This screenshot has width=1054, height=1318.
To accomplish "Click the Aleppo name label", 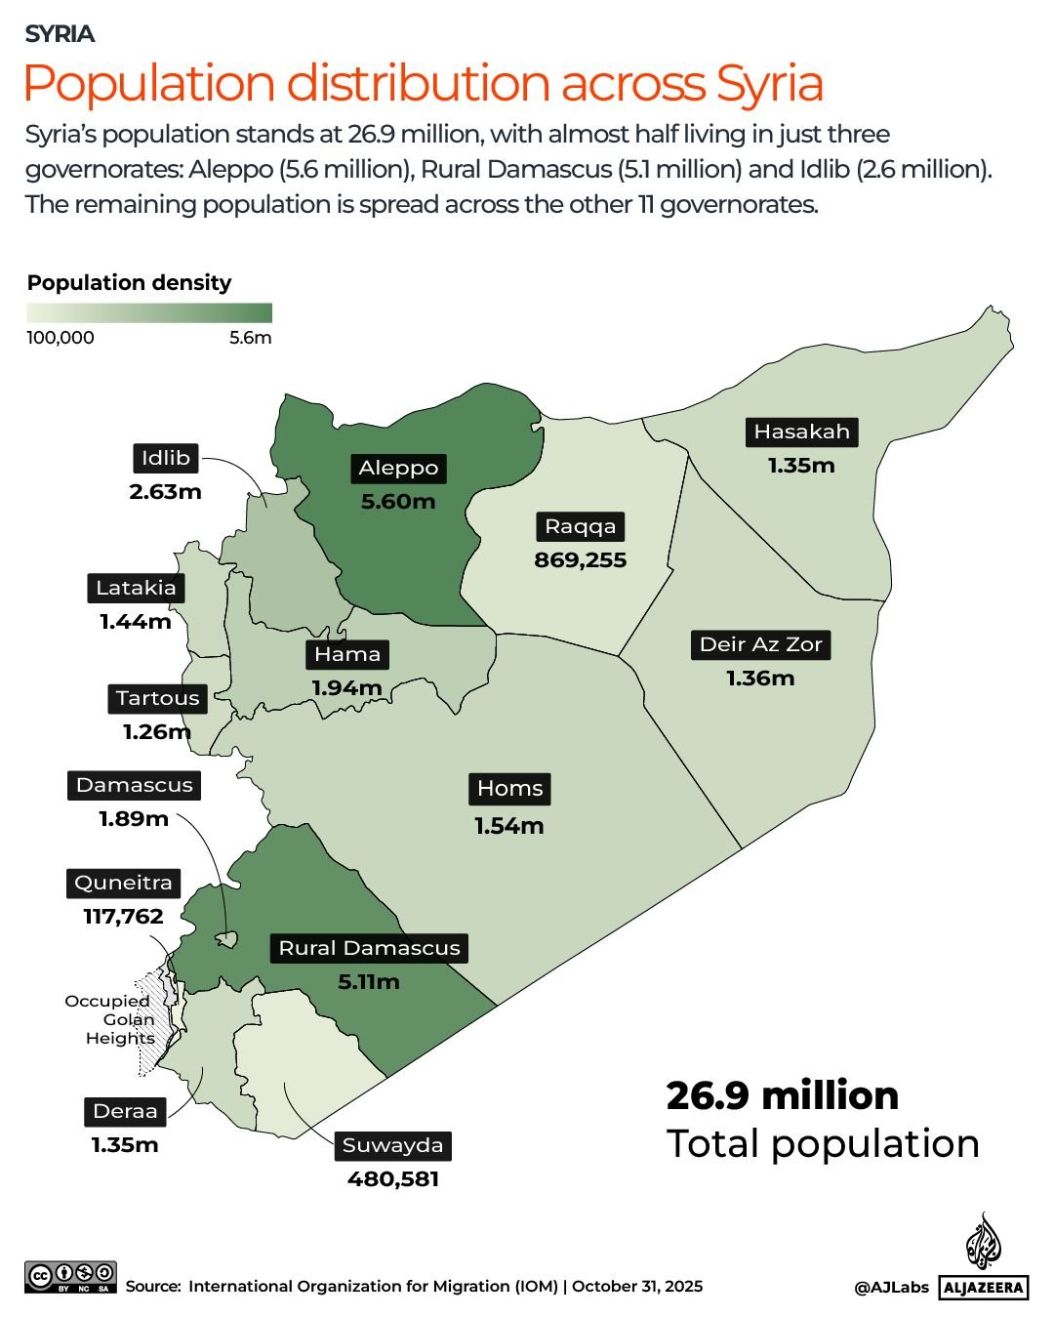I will (x=398, y=469).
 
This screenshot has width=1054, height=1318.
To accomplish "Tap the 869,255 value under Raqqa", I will (x=580, y=560).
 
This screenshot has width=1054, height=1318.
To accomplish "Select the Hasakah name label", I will (x=801, y=432).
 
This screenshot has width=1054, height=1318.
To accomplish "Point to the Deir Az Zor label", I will (x=761, y=644).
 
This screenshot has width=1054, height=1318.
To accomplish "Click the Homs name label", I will (x=509, y=789).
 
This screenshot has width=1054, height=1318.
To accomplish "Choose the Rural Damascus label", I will (x=369, y=948).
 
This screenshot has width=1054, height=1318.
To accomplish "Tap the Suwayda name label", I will (x=392, y=1145).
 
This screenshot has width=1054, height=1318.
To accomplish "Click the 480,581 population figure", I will (x=393, y=1179).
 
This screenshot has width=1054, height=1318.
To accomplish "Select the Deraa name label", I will (x=125, y=1111).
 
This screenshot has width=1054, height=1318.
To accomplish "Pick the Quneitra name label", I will (x=123, y=883).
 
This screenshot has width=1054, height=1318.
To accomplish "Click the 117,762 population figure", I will (x=123, y=917).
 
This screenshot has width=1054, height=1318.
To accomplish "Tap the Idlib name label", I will (x=165, y=458).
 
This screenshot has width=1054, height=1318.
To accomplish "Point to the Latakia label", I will (x=136, y=588).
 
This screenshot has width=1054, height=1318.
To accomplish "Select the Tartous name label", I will (x=157, y=698).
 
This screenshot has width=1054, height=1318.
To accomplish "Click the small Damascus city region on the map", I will (x=226, y=939).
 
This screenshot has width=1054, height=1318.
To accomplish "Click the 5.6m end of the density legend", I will (x=251, y=338).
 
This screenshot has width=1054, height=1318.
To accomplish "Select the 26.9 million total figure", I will (x=782, y=1095).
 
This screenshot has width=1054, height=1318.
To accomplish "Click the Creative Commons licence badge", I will (x=71, y=1277).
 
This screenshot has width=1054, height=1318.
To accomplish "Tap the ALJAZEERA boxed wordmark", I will (x=984, y=1288).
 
